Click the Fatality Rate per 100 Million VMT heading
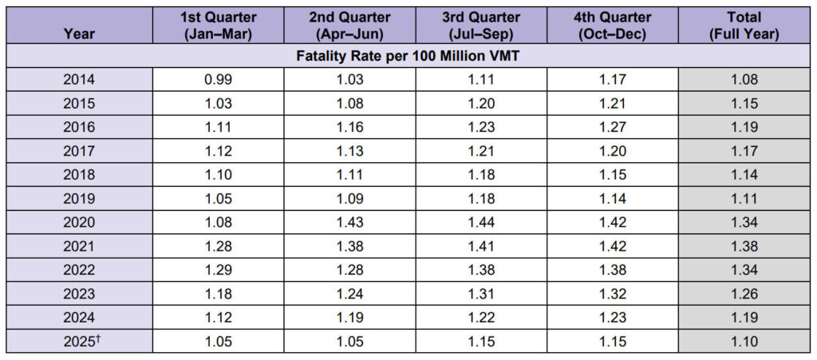click(408, 56)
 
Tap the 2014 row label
click(79, 80)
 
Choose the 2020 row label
click(79, 223)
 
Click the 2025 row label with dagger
click(79, 342)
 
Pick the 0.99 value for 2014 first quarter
click(218, 80)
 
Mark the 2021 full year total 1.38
click(744, 247)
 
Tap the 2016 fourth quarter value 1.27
click(613, 127)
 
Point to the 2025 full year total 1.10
click(744, 342)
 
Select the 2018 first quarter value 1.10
click(218, 175)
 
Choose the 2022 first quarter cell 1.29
click(218, 270)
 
